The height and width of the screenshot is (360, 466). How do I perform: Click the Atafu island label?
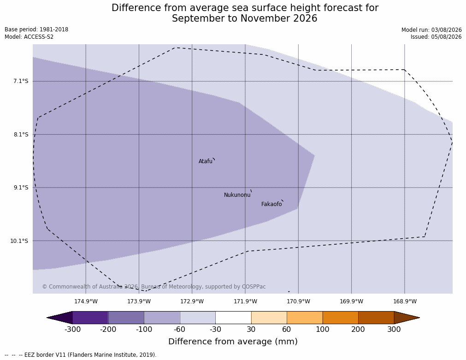pyautogui.click(x=206, y=161)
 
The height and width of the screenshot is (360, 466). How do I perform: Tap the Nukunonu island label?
pyautogui.click(x=237, y=195)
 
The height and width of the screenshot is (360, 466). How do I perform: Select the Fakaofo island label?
pyautogui.click(x=271, y=204)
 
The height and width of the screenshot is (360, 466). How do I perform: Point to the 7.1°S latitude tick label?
pyautogui.click(x=21, y=81)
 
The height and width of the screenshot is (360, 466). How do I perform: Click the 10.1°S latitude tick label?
pyautogui.click(x=19, y=241)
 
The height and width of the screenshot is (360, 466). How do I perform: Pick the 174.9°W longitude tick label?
pyautogui.click(x=86, y=301)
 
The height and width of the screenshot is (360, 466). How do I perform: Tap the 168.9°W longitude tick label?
pyautogui.click(x=405, y=301)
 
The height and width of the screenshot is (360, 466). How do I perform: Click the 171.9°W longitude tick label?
pyautogui.click(x=246, y=301)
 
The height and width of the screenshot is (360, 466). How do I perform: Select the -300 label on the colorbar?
pyautogui.click(x=72, y=330)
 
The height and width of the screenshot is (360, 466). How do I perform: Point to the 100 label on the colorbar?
pyautogui.click(x=323, y=330)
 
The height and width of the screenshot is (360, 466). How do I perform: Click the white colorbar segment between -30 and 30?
pyautogui.click(x=233, y=318)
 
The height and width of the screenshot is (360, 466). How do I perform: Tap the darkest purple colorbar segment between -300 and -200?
pyautogui.click(x=90, y=318)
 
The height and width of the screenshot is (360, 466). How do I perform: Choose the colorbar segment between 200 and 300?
pyautogui.click(x=376, y=318)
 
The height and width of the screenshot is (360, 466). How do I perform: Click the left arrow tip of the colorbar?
pyautogui.click(x=47, y=318)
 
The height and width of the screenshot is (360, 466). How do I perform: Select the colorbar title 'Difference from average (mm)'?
pyautogui.click(x=233, y=341)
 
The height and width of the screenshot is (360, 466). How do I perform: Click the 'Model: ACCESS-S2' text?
pyautogui.click(x=29, y=37)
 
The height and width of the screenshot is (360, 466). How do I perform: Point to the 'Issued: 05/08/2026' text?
pyautogui.click(x=436, y=37)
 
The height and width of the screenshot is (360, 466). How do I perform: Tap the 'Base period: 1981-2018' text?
pyautogui.click(x=36, y=30)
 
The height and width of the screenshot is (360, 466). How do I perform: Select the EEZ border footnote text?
pyautogui.click(x=81, y=355)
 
